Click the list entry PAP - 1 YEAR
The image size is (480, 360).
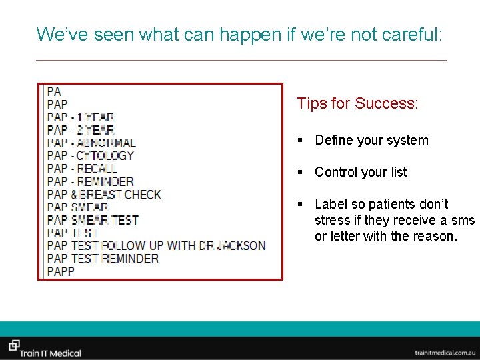[x=80, y=117]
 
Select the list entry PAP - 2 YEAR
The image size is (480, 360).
[x=80, y=130]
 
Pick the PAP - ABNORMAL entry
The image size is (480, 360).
[x=91, y=143]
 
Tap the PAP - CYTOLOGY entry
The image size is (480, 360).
[x=91, y=155]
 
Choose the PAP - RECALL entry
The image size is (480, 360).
[x=82, y=168]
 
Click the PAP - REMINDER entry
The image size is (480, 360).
[x=90, y=181]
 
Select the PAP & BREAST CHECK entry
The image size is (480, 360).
[x=104, y=194]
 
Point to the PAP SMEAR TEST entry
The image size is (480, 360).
[x=93, y=220]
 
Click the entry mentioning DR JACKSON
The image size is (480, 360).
[x=156, y=245]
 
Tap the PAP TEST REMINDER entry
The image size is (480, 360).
[x=103, y=259]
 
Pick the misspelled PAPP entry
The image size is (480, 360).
[x=61, y=271]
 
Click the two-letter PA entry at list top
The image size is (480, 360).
[x=54, y=91]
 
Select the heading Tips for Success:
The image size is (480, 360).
[x=357, y=103]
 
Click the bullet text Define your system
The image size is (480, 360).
[x=371, y=140]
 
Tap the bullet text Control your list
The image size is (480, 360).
[x=361, y=172]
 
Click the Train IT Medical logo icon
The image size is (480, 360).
[x=14, y=345]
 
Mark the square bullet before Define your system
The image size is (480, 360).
[x=301, y=141]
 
